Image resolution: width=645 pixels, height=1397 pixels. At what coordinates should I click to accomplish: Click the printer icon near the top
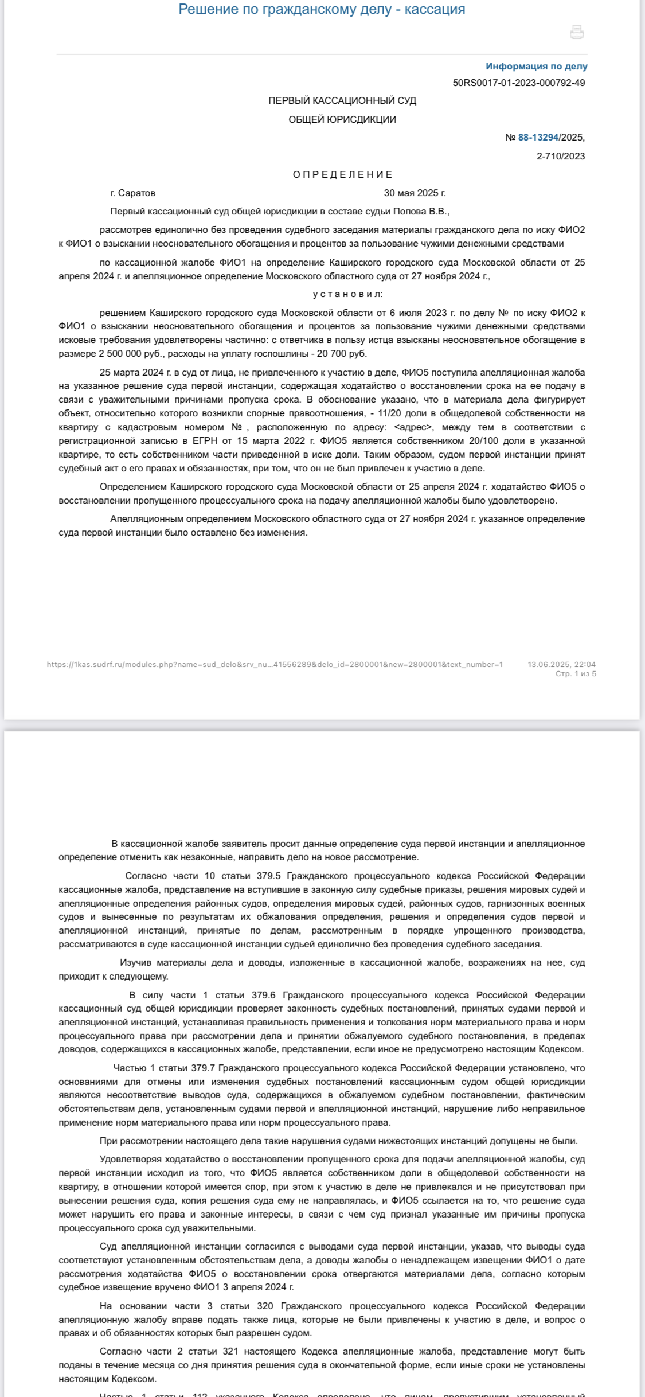point(577,32)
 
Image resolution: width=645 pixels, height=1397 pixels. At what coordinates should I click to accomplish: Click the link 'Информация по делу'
point(536,67)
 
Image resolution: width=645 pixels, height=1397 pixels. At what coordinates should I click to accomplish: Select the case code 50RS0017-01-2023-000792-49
point(519,83)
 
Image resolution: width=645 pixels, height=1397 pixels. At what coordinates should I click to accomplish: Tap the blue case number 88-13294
point(538,138)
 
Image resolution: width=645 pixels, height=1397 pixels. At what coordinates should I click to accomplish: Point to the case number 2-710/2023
point(560,156)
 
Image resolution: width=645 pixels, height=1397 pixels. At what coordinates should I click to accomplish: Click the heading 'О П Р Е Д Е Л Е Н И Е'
point(343,174)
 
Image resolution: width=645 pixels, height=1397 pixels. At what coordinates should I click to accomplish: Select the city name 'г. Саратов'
point(132,193)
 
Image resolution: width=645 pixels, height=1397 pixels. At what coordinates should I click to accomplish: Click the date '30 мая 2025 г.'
point(415,193)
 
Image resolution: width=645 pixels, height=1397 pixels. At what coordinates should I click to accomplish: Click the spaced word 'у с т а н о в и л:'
point(347,294)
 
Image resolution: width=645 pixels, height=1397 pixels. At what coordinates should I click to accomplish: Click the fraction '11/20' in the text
point(390,413)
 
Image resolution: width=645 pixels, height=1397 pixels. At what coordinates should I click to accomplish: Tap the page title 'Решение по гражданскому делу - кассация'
point(322,9)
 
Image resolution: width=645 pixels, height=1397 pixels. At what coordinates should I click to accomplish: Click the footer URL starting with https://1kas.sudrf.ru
point(275,665)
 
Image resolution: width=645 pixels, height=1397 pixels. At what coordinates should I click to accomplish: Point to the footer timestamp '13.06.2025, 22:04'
point(561,665)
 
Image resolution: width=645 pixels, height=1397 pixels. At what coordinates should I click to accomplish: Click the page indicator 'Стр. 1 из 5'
point(576,674)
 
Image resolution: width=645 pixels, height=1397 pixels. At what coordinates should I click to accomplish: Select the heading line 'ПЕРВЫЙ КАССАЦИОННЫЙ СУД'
point(342,101)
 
